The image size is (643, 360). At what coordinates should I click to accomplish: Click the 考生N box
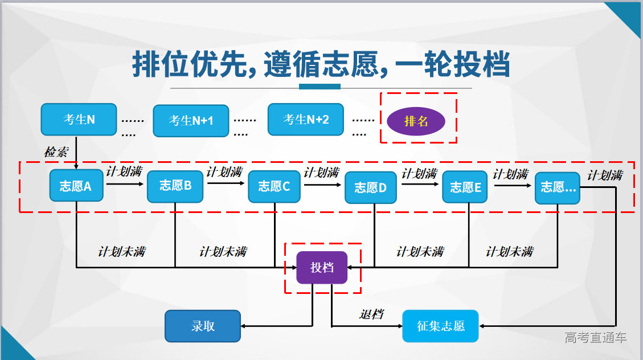tap(79, 120)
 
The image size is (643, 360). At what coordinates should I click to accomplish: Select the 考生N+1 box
tap(191, 121)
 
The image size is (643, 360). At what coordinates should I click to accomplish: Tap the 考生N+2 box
tap(306, 120)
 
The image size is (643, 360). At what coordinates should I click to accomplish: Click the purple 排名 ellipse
tap(416, 121)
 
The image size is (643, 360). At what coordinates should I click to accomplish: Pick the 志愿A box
tap(76, 186)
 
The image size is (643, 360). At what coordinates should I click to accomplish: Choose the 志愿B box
tap(175, 186)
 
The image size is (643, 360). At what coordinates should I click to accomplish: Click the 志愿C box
tap(274, 186)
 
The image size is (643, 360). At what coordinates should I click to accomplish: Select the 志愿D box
tap(371, 187)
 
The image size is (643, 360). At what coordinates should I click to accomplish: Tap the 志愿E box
tap(465, 187)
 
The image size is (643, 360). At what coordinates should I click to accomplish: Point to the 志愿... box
tap(558, 187)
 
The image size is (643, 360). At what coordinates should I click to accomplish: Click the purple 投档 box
tap(322, 268)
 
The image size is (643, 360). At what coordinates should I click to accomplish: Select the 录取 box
tap(203, 326)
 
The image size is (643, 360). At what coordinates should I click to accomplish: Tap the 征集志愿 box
tap(440, 326)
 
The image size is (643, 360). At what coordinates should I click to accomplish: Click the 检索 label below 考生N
tap(56, 153)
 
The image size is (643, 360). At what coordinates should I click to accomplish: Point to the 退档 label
tap(371, 314)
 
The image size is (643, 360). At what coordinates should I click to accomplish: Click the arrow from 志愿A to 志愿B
tap(125, 184)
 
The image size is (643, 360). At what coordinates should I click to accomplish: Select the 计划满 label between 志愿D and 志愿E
tap(419, 173)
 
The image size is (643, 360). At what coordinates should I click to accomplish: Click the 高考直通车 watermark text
tap(596, 337)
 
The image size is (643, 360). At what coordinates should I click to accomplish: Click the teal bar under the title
tap(320, 87)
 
